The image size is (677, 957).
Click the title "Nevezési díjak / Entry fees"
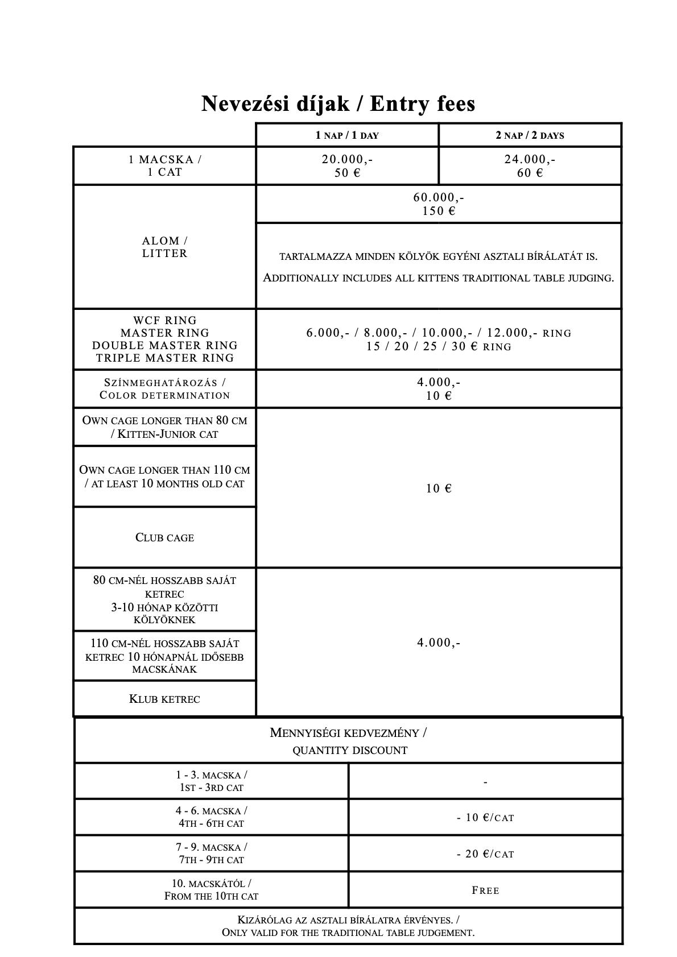[x=338, y=104]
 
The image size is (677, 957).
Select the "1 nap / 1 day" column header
[x=347, y=135]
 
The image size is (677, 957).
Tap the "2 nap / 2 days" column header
[x=530, y=135]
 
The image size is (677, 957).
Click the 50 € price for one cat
[x=347, y=173]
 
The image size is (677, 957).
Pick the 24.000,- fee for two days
[x=530, y=160]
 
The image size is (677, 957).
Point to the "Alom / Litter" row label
[x=164, y=247]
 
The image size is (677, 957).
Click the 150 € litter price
[x=439, y=211]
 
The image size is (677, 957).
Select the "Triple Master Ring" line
[x=165, y=358]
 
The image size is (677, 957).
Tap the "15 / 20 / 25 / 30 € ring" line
[x=439, y=347]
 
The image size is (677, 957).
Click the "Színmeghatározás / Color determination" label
[x=164, y=389]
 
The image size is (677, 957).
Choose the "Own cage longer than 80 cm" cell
[x=164, y=427]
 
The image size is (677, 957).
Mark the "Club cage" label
[x=164, y=537]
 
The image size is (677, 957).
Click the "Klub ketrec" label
[x=164, y=699]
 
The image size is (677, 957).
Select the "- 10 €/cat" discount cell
[x=485, y=818]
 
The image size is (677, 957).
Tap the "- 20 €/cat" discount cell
[x=485, y=854]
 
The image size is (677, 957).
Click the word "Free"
[x=485, y=890]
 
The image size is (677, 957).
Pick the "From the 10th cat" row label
[x=211, y=897]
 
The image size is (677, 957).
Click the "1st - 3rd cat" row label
[x=211, y=788]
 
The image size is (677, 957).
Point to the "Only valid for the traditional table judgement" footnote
[x=348, y=933]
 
